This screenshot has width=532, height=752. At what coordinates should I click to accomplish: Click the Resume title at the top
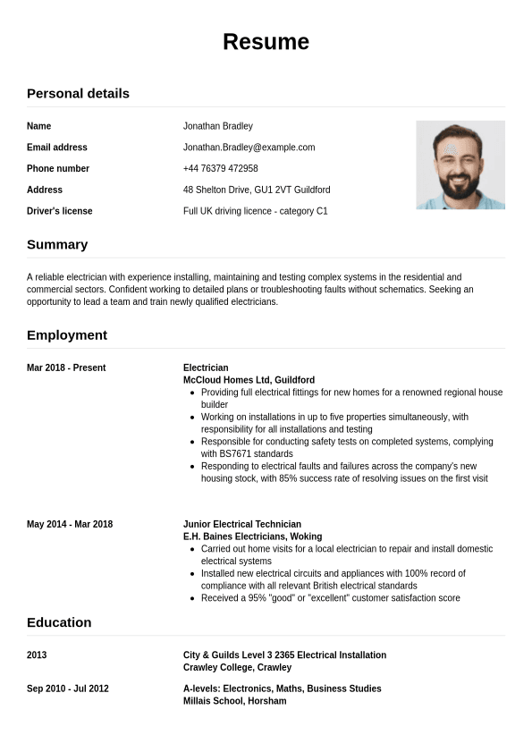point(266,42)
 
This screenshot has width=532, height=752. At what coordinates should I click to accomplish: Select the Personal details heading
point(78,93)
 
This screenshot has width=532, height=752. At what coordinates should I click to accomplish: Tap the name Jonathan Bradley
point(218,126)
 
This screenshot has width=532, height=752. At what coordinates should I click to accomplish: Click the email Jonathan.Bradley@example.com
point(249,148)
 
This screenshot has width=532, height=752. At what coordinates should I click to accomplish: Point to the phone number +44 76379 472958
point(220,169)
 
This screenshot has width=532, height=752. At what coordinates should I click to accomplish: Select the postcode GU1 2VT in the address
point(275,190)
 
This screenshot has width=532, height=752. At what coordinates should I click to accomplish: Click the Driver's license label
point(59,211)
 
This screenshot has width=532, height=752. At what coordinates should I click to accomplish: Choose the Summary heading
point(57,244)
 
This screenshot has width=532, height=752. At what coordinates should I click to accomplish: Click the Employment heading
point(67,334)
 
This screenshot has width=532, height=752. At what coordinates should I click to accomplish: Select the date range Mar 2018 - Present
point(66,368)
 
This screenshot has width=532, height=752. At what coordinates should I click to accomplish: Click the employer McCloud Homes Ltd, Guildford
point(249,380)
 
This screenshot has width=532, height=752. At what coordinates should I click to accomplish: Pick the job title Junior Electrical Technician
point(241,524)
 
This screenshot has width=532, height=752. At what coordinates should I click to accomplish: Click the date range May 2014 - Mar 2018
point(70,524)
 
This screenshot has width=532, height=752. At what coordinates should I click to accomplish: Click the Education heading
point(59,622)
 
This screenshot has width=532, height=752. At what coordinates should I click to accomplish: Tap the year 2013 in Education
point(37,655)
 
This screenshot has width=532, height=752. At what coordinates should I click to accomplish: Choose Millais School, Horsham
point(234,701)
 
